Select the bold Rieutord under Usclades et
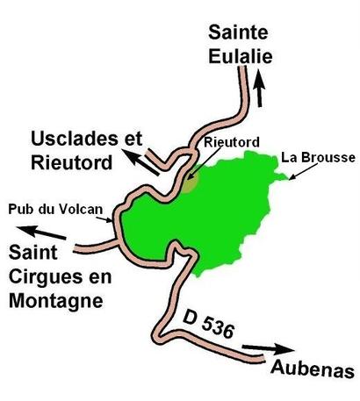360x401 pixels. [70, 162]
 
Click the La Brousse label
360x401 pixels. [318, 158]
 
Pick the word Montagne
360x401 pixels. [53, 300]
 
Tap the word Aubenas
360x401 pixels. [312, 367]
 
